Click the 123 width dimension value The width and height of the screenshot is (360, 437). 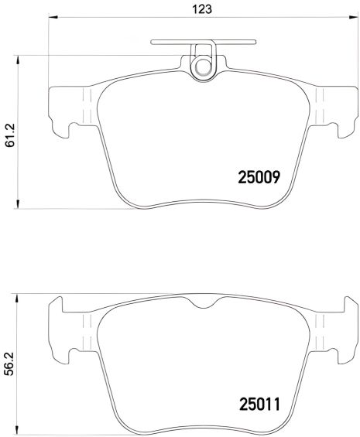point(204,9)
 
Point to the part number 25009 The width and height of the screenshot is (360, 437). point(258,177)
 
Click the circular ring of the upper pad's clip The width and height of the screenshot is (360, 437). point(204,67)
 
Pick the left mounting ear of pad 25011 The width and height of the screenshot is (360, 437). point(66,325)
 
